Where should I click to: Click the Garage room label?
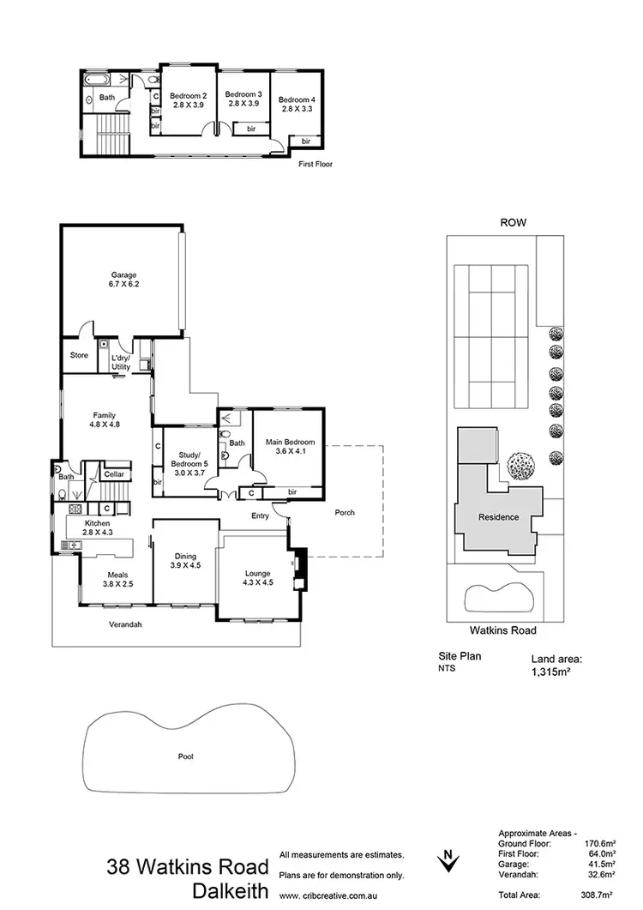tap(123, 280)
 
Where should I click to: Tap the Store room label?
tap(79, 355)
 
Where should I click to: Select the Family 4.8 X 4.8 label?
tap(105, 419)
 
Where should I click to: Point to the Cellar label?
tap(114, 474)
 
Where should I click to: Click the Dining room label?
tap(185, 560)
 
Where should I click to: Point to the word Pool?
tap(186, 757)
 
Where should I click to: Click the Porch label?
tap(344, 513)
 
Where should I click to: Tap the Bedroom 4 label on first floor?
tap(296, 105)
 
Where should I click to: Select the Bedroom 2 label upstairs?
tap(187, 99)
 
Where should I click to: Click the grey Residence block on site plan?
tap(498, 517)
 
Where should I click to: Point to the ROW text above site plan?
tap(513, 222)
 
